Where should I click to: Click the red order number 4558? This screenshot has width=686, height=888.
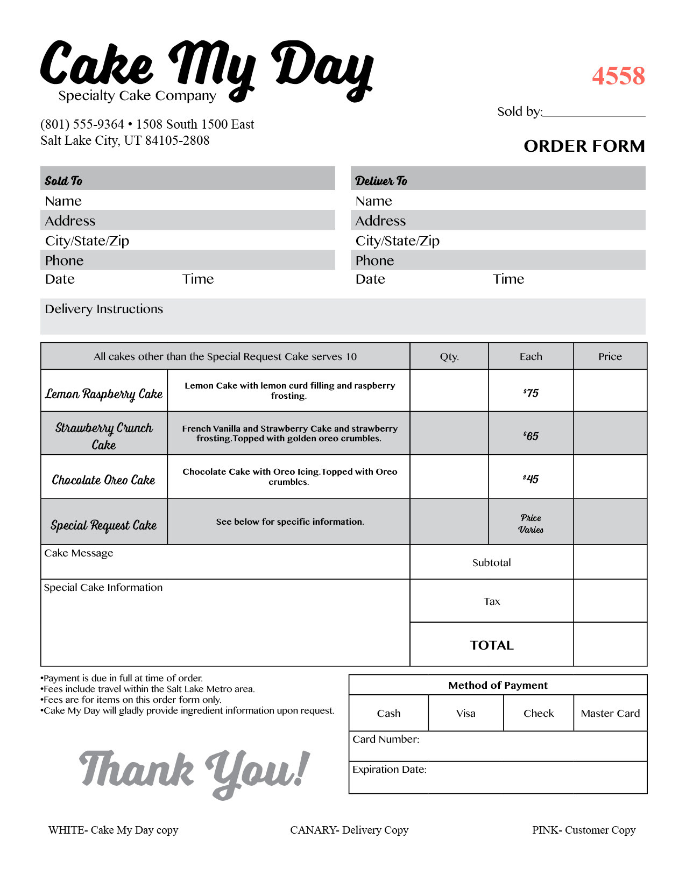click(x=618, y=76)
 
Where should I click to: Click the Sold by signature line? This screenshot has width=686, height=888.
click(x=594, y=113)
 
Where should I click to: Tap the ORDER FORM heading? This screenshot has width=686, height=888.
click(x=584, y=146)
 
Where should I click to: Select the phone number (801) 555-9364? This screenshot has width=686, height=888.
click(x=82, y=124)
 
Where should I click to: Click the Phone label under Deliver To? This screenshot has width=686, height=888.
click(x=374, y=260)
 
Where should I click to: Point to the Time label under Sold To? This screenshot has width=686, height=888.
click(x=198, y=279)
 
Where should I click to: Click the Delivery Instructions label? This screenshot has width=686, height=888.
click(x=104, y=309)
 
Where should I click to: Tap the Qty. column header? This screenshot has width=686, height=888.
click(x=449, y=356)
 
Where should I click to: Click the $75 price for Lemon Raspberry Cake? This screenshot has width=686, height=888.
click(x=531, y=393)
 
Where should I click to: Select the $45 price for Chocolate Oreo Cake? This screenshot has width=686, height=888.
click(x=531, y=479)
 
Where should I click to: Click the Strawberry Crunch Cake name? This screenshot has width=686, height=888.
click(x=104, y=436)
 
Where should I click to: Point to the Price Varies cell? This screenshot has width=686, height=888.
click(x=531, y=523)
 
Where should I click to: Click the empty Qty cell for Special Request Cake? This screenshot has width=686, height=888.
click(x=449, y=521)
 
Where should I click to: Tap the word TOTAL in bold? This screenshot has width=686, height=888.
click(x=492, y=645)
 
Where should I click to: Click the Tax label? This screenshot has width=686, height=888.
click(x=492, y=601)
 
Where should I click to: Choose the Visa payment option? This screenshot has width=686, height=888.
click(x=466, y=713)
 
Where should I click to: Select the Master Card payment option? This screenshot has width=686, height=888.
click(x=610, y=713)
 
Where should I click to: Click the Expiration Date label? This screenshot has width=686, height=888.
click(x=390, y=770)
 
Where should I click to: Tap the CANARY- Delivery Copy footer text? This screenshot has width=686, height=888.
click(x=349, y=830)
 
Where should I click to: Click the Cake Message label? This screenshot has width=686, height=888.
click(x=79, y=553)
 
